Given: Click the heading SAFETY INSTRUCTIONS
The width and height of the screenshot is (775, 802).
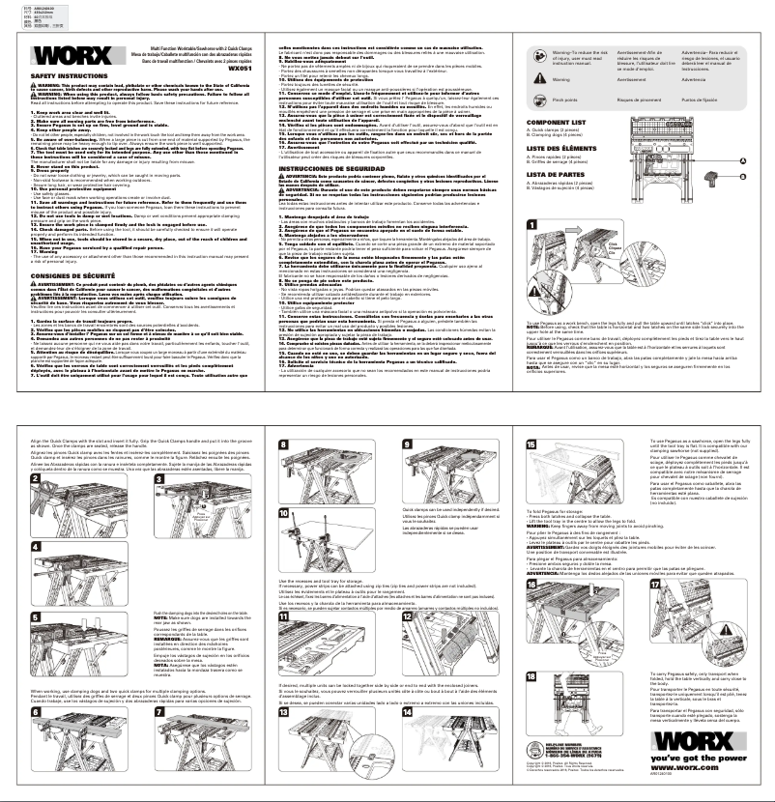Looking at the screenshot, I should click(x=56, y=74).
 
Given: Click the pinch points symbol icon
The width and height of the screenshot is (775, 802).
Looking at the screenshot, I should click(x=536, y=99).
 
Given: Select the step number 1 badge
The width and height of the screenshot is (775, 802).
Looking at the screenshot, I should click(x=531, y=225).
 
